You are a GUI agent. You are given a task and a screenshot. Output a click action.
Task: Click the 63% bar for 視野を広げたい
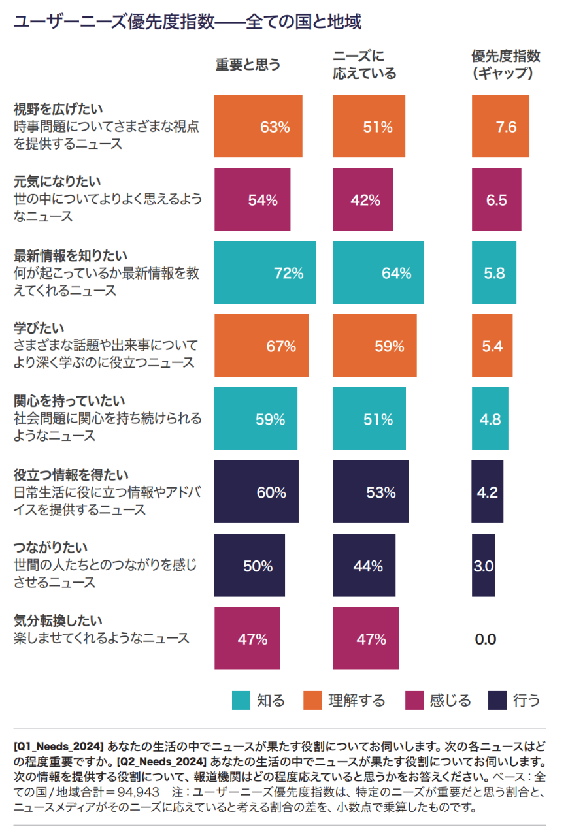click(x=258, y=126)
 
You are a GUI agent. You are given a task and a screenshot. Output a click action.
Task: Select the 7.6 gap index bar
click(x=501, y=126)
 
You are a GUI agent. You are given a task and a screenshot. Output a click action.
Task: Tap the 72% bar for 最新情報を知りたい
click(x=265, y=272)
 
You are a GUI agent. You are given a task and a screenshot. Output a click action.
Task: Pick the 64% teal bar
click(x=378, y=272)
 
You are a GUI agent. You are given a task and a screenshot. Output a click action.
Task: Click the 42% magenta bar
click(x=363, y=199)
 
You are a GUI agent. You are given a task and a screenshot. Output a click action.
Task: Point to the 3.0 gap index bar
click(x=483, y=565)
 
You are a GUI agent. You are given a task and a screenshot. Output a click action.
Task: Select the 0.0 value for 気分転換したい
click(x=486, y=639)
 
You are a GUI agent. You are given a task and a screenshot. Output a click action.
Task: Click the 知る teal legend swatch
click(x=241, y=701)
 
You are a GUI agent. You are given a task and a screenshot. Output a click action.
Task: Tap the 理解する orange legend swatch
click(x=313, y=701)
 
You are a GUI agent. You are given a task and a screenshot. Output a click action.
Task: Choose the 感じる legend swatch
click(x=414, y=701)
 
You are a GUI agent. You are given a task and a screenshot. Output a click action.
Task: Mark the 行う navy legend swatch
click(x=497, y=701)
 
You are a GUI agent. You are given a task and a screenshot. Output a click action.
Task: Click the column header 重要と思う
click(x=248, y=65)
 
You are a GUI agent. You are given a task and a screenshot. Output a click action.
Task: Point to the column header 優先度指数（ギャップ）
click(x=506, y=64)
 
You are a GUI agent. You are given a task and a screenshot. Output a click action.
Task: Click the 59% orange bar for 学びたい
click(x=375, y=346)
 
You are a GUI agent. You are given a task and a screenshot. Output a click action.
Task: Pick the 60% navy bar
click(x=256, y=492)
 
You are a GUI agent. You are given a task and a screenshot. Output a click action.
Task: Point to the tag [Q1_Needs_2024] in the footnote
click(x=58, y=745)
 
